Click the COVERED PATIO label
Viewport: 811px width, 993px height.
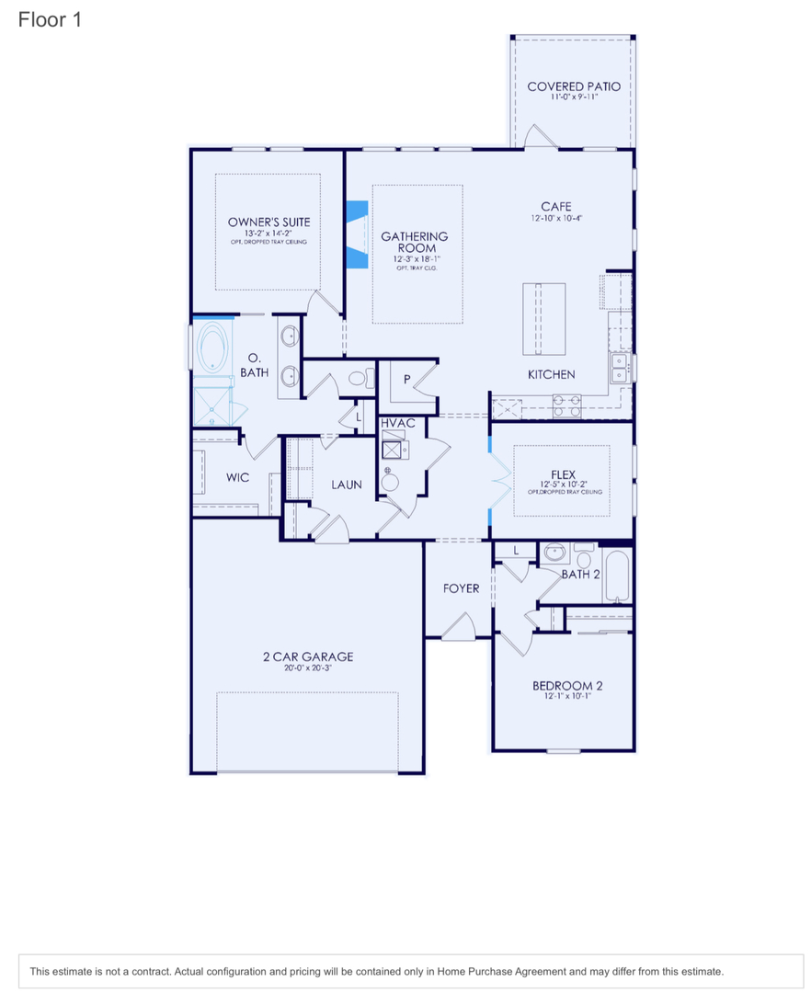pyautogui.click(x=573, y=86)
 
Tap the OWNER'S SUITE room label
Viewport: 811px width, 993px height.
pyautogui.click(x=268, y=222)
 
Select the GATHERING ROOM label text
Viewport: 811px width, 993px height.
pyautogui.click(x=415, y=242)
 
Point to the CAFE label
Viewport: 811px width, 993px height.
pyautogui.click(x=555, y=207)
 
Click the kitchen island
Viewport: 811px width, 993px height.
pyautogui.click(x=543, y=318)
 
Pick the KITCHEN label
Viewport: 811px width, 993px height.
pyautogui.click(x=551, y=374)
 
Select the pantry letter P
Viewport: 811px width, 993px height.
pyautogui.click(x=406, y=379)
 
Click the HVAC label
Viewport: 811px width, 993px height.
pyautogui.click(x=398, y=423)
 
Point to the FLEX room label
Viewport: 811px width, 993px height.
pyautogui.click(x=563, y=474)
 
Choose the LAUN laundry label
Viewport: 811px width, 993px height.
pyautogui.click(x=347, y=485)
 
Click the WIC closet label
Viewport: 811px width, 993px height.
pyautogui.click(x=237, y=478)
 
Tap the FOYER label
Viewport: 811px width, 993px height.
pyautogui.click(x=461, y=588)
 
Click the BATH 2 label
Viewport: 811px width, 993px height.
pyautogui.click(x=580, y=574)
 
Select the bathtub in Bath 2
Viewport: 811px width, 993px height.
pyautogui.click(x=616, y=576)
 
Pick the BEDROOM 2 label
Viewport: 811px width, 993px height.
pyautogui.click(x=567, y=686)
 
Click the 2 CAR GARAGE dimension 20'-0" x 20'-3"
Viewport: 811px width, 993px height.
pyautogui.click(x=307, y=668)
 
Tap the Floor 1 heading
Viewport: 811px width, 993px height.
pyautogui.click(x=50, y=19)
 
